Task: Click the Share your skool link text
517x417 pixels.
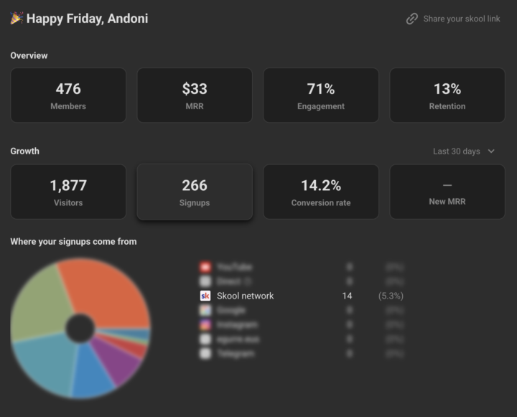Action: click(x=462, y=19)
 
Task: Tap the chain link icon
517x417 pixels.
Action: click(x=412, y=19)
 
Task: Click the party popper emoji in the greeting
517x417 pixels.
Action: click(x=17, y=18)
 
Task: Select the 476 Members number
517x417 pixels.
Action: click(x=68, y=89)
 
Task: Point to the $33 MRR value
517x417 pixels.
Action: click(x=195, y=89)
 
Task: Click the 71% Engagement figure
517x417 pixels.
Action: click(x=321, y=89)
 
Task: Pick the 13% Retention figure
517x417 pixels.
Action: click(x=447, y=89)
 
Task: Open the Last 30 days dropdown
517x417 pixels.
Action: click(x=464, y=151)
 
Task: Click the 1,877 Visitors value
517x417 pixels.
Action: click(x=68, y=185)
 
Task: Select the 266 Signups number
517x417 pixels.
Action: click(x=195, y=185)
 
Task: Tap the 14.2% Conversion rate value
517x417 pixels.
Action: click(x=321, y=185)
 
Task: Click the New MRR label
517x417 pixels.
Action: click(x=447, y=202)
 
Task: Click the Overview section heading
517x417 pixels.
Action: click(x=29, y=55)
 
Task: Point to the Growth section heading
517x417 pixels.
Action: click(x=25, y=151)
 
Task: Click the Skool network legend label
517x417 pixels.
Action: click(x=246, y=296)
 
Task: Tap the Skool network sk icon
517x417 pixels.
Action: click(x=205, y=296)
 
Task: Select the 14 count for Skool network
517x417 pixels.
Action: click(x=348, y=296)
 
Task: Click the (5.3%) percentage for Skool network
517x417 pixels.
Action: click(x=391, y=296)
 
